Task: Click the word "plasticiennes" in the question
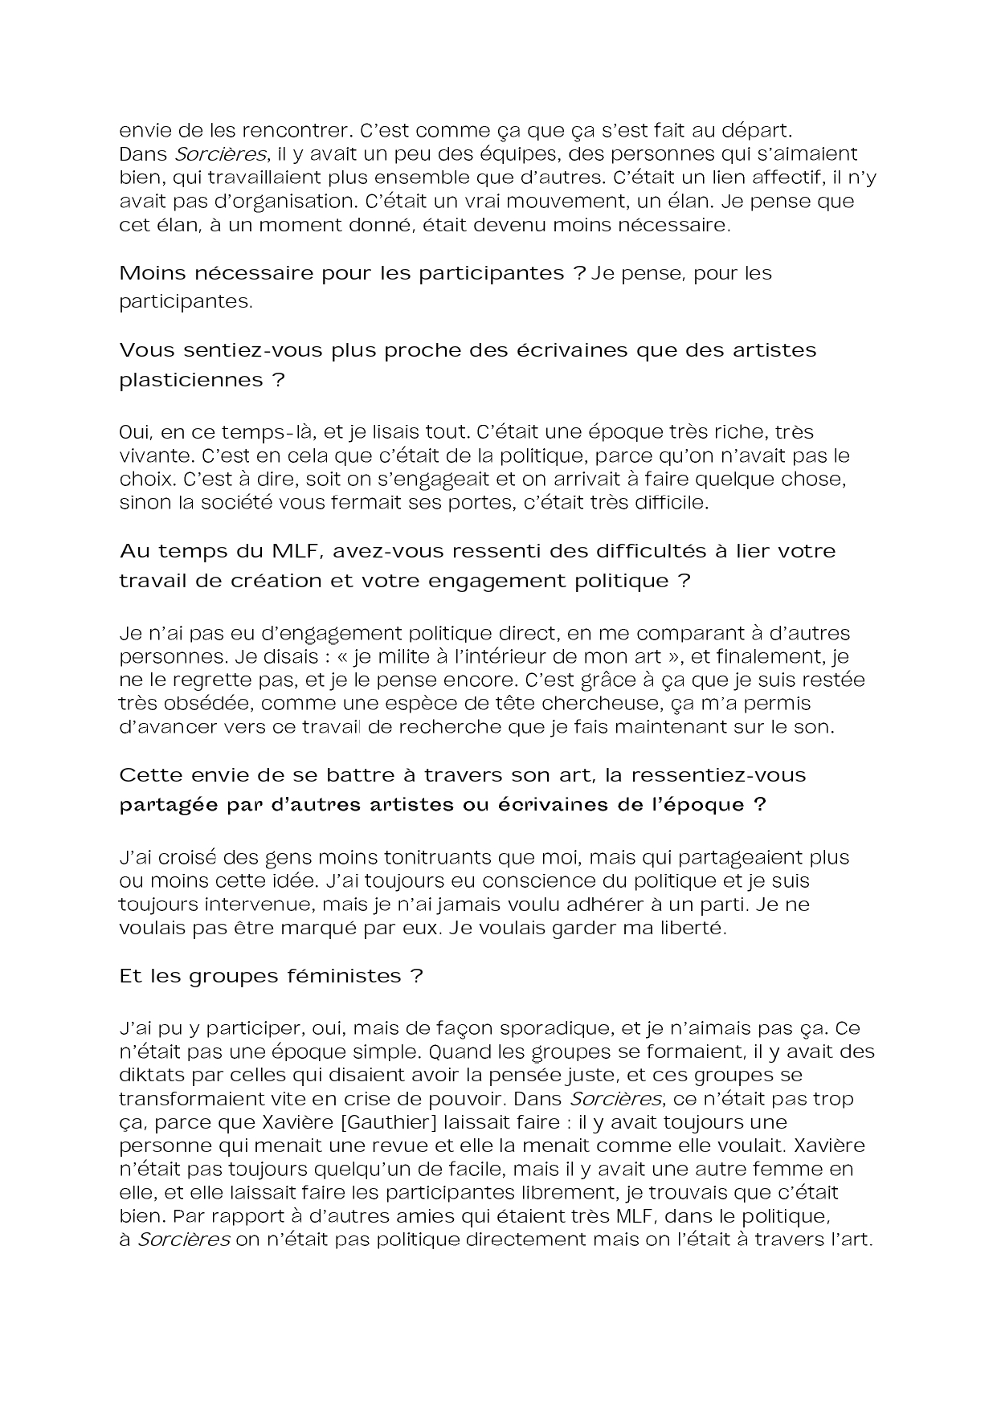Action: (x=191, y=379)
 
